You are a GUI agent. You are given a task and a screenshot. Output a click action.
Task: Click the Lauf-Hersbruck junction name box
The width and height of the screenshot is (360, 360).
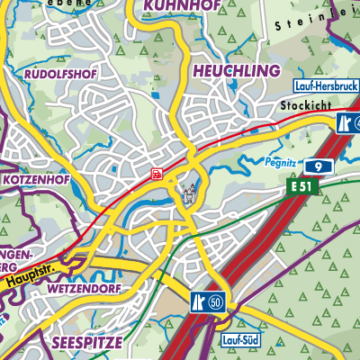pyautogui.click(x=326, y=86)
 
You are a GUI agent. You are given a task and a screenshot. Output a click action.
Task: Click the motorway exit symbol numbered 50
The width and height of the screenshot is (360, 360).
pyautogui.click(x=208, y=301)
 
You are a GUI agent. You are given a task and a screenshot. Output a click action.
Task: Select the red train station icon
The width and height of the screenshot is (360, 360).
pyautogui.click(x=157, y=174)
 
